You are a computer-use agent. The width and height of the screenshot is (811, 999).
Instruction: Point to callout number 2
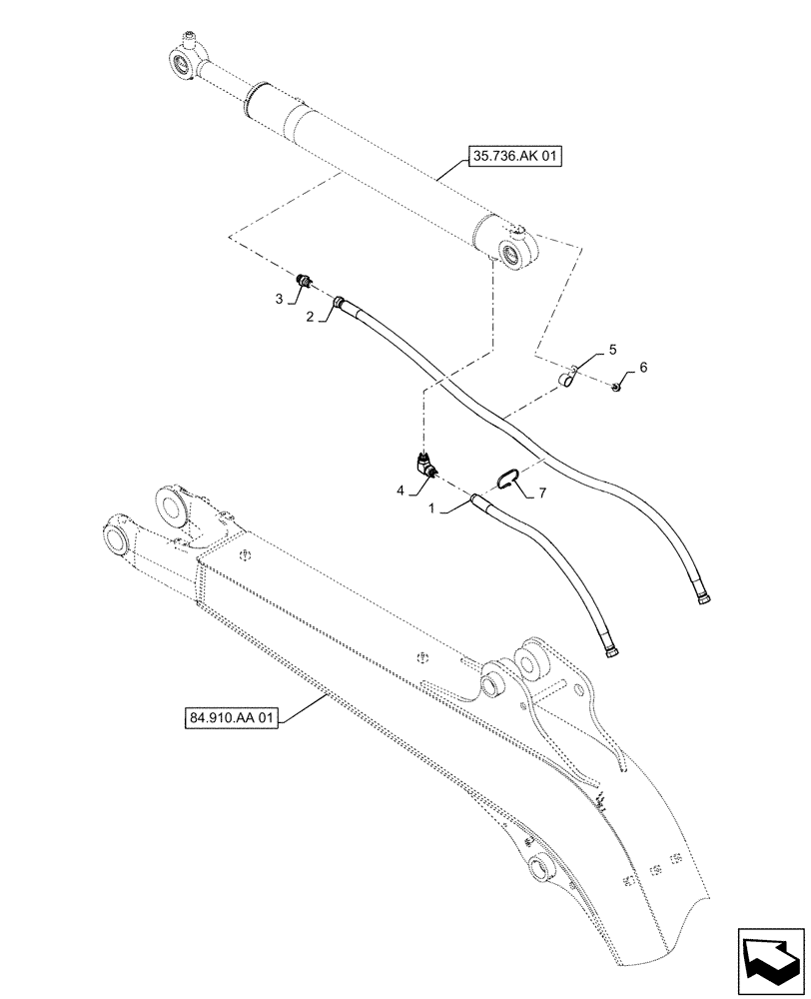[x=310, y=316]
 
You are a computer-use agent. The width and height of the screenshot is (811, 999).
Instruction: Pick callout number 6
[x=643, y=368]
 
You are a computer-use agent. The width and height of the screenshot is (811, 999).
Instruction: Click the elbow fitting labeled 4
[x=425, y=465]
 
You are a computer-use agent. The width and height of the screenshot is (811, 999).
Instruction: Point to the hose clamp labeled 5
[x=567, y=380]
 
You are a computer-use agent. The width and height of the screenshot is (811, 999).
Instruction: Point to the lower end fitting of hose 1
[x=608, y=652]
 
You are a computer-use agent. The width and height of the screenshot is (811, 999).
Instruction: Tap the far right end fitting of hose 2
[x=702, y=598]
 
